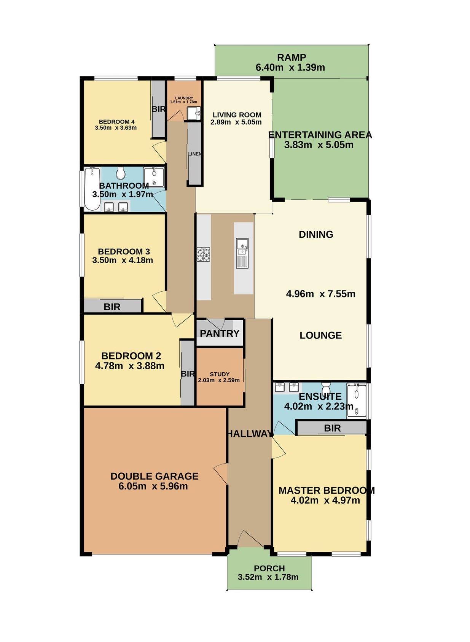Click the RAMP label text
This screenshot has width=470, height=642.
pyautogui.click(x=291, y=57)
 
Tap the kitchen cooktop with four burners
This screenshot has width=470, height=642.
pyautogui.click(x=203, y=254)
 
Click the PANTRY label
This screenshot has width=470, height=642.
pyautogui.click(x=219, y=334)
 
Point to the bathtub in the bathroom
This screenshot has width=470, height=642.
pyautogui.click(x=92, y=189)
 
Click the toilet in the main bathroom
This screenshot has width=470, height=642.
pyautogui.click(x=121, y=173)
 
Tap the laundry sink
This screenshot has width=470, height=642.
pyautogui.click(x=194, y=113)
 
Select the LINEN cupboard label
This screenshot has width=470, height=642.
pyautogui.click(x=194, y=154)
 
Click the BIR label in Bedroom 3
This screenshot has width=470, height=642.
pyautogui.click(x=112, y=307)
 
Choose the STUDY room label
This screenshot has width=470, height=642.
pyautogui.click(x=220, y=374)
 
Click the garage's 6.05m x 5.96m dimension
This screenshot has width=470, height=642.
pyautogui.click(x=153, y=486)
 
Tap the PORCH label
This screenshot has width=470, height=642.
pyautogui.click(x=269, y=568)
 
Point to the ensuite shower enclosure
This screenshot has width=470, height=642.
pyautogui.click(x=357, y=400)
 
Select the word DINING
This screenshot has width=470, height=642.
pyautogui.click(x=316, y=234)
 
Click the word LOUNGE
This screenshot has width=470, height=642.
pyautogui.click(x=320, y=335)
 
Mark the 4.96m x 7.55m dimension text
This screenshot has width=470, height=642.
pyautogui.click(x=320, y=294)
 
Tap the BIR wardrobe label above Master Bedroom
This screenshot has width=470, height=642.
pyautogui.click(x=332, y=428)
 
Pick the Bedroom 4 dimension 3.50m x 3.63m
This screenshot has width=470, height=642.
pyautogui.click(x=116, y=128)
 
